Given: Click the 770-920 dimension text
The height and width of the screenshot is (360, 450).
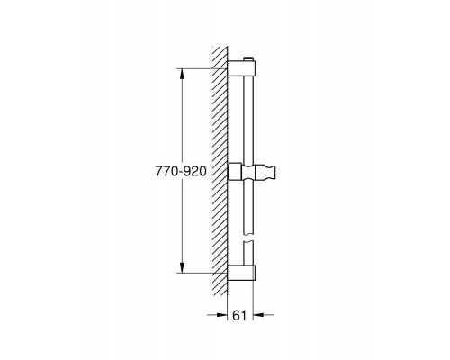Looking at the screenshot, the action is pos(181,171).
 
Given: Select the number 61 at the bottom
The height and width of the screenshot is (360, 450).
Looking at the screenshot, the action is pos(239,315).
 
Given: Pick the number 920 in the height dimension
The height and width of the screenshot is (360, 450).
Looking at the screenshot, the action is pos(195,171).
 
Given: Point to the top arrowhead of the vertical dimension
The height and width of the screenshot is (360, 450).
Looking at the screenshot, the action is pos(182,74).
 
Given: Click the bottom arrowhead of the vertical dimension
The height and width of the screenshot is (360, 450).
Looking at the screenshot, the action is pos(182,267).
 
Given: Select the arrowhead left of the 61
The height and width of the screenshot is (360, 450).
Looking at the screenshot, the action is pos(221,315).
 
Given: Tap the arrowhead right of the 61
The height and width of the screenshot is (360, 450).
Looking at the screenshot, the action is pos(258,315).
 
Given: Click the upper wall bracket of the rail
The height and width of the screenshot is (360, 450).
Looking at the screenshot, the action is pos(241,68).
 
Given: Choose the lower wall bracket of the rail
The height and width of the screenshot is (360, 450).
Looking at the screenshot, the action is pos(241,273).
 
